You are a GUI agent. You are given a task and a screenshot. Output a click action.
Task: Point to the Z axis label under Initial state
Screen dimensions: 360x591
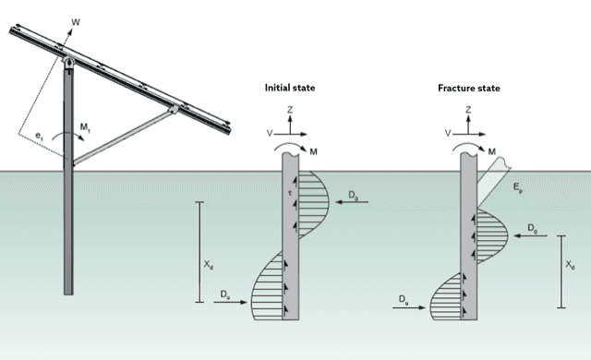[291, 109]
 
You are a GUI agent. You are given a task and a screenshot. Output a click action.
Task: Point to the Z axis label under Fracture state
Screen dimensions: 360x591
[469, 109]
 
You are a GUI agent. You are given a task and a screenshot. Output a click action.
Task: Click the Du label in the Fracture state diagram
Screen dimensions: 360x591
[404, 301]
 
